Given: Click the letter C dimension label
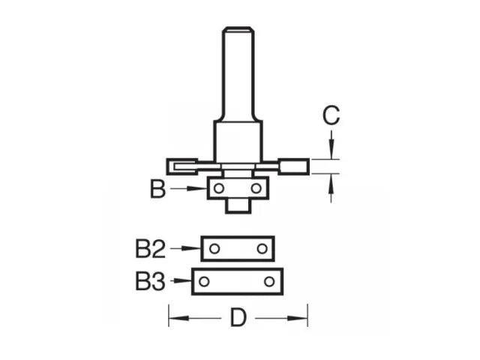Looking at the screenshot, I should pos(331,115).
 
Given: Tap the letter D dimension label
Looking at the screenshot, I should pos(238,318).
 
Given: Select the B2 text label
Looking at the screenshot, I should pos(150,248).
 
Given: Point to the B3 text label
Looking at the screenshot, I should pos(150,282).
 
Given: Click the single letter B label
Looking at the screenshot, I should pos(157,189).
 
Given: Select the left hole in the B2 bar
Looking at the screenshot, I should pos(214,248).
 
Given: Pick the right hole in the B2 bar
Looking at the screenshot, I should pos(262,248).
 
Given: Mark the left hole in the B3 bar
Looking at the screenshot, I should pos(204,282).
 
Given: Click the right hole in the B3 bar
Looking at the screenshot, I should pos(269,282).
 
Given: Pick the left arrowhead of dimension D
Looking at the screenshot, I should pos(173,318).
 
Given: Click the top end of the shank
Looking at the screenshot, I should pos(238,30).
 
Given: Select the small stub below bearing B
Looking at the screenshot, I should pos(238,205).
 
